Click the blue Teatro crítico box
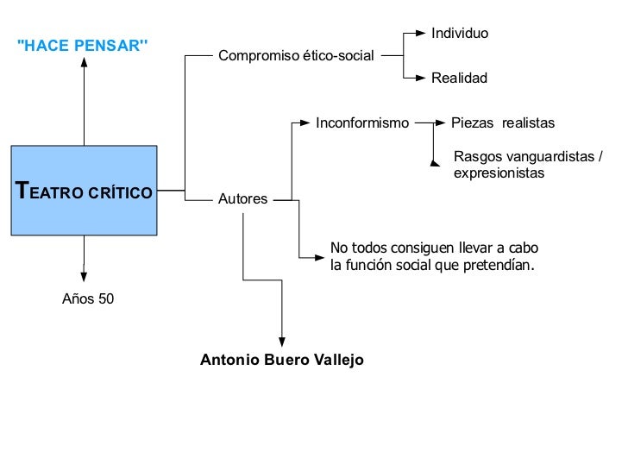point(84,190)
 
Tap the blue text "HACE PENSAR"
point(83,46)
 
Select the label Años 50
point(88,299)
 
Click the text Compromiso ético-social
point(296,56)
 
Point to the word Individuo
point(460,34)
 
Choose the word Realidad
point(459,78)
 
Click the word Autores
point(243,199)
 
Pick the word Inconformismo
point(362,123)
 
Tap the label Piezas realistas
point(503,123)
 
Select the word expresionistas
point(499,173)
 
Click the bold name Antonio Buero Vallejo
point(282,360)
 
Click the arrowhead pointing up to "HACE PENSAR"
point(84,66)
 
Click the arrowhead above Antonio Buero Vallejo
point(282,342)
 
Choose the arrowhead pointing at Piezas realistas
point(441,123)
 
